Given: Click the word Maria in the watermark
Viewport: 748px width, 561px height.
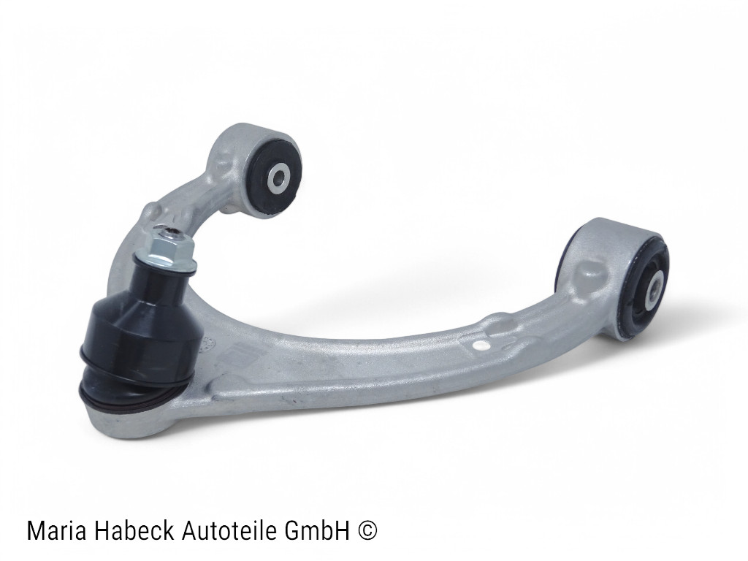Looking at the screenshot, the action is point(57,530).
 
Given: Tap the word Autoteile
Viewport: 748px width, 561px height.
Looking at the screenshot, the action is point(232,530).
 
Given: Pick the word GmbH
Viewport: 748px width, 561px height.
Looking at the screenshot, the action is point(318,530).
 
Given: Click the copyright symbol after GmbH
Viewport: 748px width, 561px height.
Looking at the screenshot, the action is point(367,530).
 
